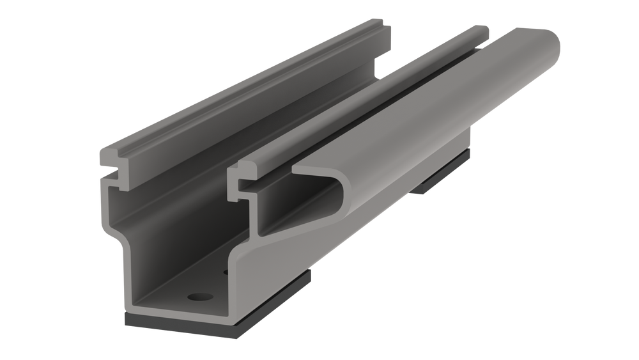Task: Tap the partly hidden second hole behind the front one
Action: (226, 272)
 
